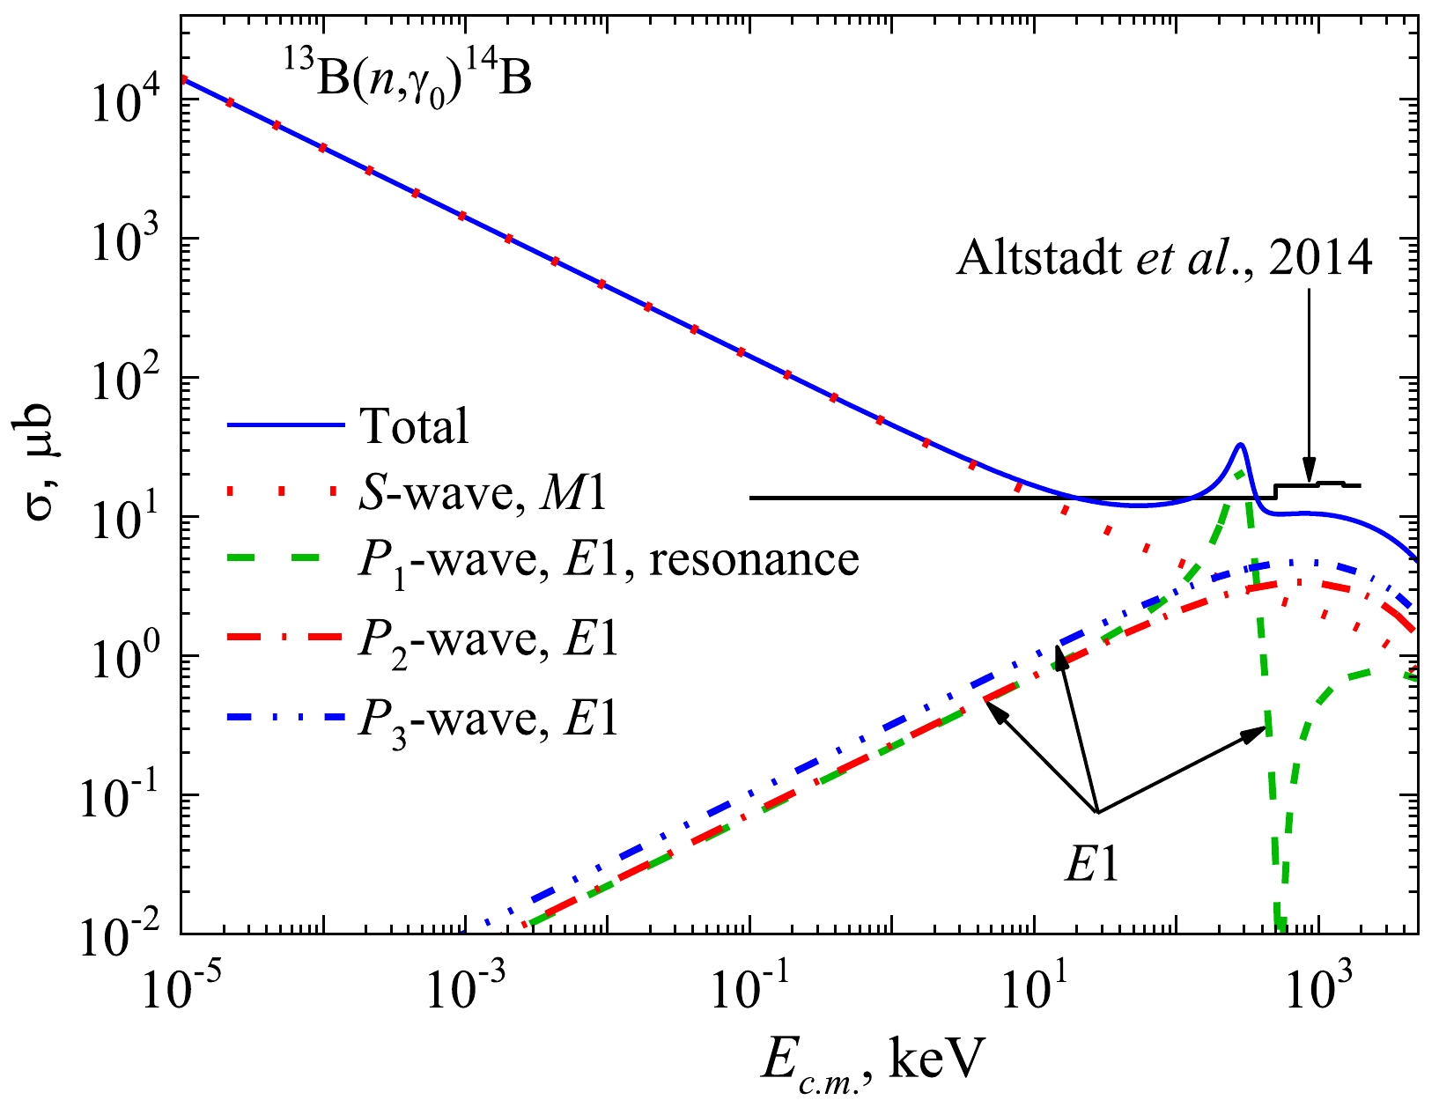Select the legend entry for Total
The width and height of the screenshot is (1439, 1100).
pos(347,427)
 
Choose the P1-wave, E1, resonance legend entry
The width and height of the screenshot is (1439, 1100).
pos(542,559)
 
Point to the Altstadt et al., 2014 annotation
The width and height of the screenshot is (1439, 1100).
pos(1163,260)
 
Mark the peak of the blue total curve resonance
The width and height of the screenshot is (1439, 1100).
pos(1240,444)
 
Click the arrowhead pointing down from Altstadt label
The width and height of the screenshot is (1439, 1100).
pos(1310,472)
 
